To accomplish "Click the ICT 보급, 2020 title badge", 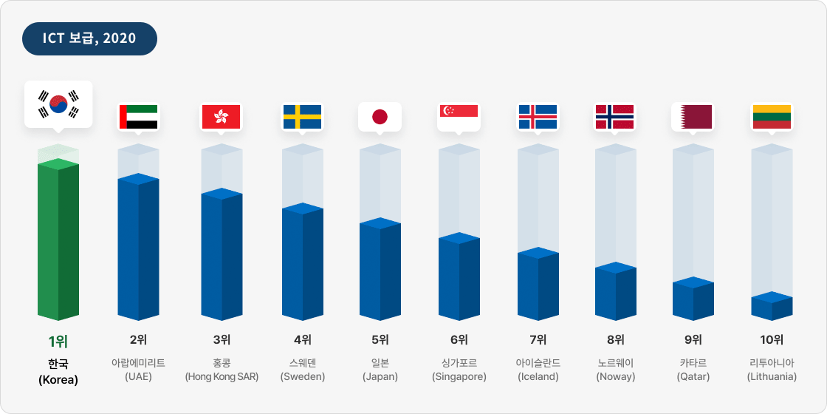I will tap(89, 38).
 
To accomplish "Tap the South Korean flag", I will tap(58, 104).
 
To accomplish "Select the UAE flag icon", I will tap(139, 117).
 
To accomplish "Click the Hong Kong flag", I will tap(221, 117).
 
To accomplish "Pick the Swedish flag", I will tap(302, 117).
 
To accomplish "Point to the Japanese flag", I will tap(380, 117).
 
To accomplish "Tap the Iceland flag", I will tap(538, 117).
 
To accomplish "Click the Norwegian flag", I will tap(614, 117).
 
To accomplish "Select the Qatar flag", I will tap(692, 117).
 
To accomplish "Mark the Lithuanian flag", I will tap(772, 117).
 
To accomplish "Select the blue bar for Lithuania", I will tap(772, 307).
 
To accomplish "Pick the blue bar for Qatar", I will tap(693, 299).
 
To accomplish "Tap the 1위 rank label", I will tap(58, 341).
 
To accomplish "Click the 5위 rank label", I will tap(380, 340).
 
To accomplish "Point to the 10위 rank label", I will tap(772, 340).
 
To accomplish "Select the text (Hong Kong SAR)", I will tap(222, 377).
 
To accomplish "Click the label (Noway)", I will tap(615, 377).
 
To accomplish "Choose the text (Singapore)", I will tap(459, 377).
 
